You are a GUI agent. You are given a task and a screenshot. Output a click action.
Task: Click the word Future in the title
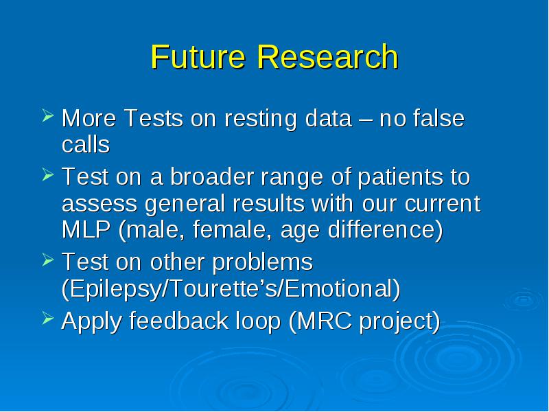(198, 56)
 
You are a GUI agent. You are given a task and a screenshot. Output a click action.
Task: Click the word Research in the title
(328, 56)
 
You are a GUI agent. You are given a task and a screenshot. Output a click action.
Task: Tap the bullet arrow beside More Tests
(48, 115)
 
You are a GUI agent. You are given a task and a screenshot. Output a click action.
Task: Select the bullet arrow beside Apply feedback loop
(48, 318)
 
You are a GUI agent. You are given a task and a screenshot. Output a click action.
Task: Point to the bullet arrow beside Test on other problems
(48, 260)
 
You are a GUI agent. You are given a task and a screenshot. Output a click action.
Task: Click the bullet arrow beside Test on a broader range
(48, 174)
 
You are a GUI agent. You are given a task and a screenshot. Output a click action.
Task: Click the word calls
(86, 144)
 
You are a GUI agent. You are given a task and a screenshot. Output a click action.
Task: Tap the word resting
(261, 119)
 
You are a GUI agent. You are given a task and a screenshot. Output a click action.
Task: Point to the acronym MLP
(86, 229)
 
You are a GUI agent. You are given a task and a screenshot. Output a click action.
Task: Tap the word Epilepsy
(114, 290)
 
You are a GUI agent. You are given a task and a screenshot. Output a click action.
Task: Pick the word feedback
(179, 320)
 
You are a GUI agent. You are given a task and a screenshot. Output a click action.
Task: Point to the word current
(443, 204)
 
